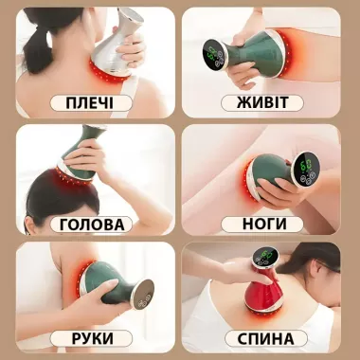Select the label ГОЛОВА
(x=91, y=225)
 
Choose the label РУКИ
(x=91, y=338)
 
